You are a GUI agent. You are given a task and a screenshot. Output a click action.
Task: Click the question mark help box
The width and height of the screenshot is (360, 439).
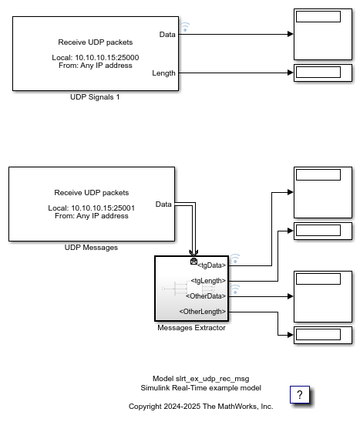click(x=300, y=395)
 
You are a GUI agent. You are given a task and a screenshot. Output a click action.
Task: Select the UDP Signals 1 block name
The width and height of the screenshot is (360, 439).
click(x=95, y=97)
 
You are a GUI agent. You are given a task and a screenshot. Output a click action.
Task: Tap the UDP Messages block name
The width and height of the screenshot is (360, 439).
click(x=91, y=248)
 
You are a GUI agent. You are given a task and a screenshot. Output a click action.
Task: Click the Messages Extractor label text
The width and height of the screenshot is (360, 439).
click(x=191, y=328)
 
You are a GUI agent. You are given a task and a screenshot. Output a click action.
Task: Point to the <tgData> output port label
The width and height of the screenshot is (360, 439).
click(x=211, y=265)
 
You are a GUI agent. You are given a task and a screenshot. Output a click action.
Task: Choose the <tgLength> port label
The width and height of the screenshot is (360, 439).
click(x=208, y=281)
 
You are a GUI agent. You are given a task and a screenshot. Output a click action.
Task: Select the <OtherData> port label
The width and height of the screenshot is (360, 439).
click(x=206, y=296)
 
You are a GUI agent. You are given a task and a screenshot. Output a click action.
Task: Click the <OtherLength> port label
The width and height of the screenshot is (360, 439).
click(x=203, y=312)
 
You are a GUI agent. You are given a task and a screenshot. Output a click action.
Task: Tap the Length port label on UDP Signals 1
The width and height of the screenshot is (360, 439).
click(x=163, y=73)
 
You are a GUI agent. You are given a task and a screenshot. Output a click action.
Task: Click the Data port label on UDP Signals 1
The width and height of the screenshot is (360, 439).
click(x=167, y=35)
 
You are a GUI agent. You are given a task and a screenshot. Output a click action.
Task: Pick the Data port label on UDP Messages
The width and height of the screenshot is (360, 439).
click(x=163, y=204)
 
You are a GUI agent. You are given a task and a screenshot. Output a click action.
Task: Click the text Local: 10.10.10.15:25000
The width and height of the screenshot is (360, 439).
click(x=96, y=58)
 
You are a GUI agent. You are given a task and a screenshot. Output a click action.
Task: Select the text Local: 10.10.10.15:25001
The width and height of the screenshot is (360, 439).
click(x=92, y=208)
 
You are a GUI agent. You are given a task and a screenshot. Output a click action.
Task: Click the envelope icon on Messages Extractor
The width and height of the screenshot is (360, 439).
click(x=193, y=262)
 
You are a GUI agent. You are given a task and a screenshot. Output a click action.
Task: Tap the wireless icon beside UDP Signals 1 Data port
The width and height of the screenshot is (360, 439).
click(x=184, y=27)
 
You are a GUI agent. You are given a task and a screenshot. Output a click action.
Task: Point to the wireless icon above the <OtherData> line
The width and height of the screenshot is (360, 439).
click(x=235, y=289)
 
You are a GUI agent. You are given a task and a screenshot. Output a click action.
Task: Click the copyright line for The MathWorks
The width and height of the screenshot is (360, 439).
click(x=201, y=407)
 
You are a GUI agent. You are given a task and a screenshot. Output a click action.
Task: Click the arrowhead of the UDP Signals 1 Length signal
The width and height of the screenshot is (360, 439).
click(x=291, y=73)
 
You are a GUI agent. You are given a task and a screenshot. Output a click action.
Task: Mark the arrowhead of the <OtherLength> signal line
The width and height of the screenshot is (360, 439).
click(x=291, y=335)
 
